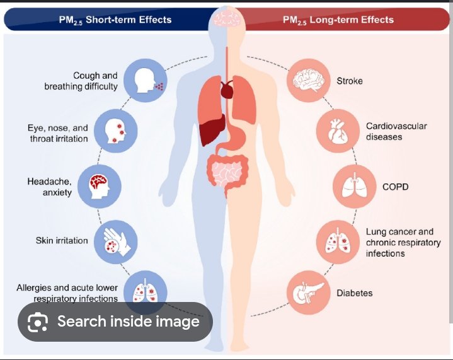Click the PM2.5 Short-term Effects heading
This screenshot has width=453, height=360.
[x=115, y=20]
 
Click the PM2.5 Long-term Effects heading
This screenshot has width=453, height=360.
[x=338, y=20]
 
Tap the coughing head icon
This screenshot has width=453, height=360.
[x=146, y=81]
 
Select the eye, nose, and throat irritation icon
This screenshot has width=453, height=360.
[x=116, y=131]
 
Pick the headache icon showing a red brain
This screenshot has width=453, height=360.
[x=100, y=187]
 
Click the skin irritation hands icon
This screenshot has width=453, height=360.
[x=116, y=241]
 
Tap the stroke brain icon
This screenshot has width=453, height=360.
[x=309, y=81]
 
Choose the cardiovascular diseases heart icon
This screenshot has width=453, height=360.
[x=338, y=131]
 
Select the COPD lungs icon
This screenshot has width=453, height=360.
[x=355, y=187]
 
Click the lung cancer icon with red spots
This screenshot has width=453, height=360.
[x=338, y=241]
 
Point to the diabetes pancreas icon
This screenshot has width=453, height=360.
[x=309, y=293]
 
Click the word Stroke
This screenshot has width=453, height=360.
[x=350, y=81]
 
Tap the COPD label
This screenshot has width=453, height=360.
[x=396, y=187]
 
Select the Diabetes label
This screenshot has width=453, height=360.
[x=355, y=293]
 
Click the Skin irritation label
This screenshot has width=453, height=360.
[x=62, y=241]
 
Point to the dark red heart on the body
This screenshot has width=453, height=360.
[x=227, y=90]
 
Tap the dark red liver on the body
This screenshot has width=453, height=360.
[x=212, y=129]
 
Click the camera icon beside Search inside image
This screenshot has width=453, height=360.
[x=38, y=322]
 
